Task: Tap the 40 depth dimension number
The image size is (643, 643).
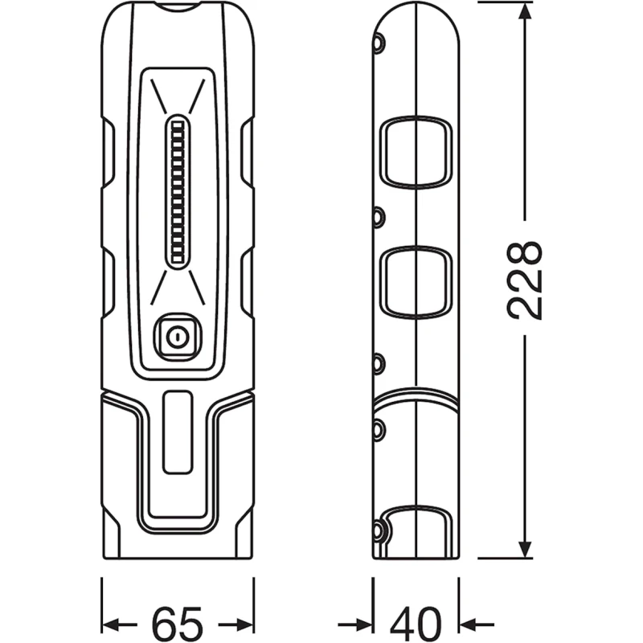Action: [417, 623]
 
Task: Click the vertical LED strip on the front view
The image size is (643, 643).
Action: [178, 192]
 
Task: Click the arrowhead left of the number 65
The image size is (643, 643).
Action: [116, 624]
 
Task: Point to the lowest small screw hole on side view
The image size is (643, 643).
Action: [377, 528]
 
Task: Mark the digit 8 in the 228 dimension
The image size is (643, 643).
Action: [526, 256]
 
